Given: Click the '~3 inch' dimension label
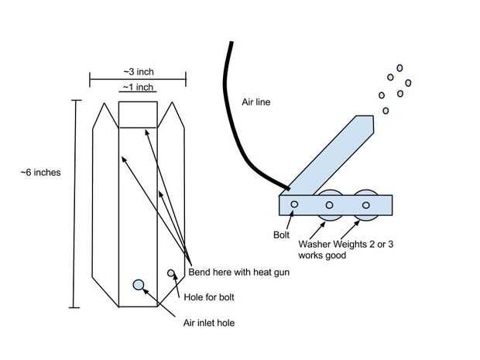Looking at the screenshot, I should click(138, 71).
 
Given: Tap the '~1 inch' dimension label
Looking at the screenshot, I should click(138, 87).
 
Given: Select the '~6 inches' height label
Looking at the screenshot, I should click(40, 172).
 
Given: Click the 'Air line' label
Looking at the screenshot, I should click(256, 101).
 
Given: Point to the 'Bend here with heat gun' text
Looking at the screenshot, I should click(234, 273).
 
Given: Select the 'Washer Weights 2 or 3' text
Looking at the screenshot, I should click(338, 244).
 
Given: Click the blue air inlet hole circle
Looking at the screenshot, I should click(139, 285).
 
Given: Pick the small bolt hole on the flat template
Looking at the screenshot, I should click(172, 273).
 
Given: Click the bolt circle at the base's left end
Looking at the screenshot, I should click(294, 205).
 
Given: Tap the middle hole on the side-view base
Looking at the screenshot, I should click(330, 205).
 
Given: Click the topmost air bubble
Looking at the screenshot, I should click(400, 68).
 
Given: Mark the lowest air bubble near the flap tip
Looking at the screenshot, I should click(386, 111).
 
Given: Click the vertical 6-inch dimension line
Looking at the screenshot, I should click(74, 204).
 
